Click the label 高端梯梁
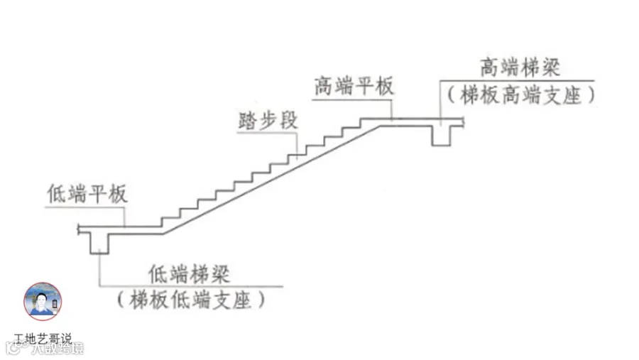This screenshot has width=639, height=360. point(520,69)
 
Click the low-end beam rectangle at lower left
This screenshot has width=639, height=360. point(99,241)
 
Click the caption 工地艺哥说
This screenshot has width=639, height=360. point(43,338)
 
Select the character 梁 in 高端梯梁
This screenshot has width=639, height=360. point(550,69)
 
